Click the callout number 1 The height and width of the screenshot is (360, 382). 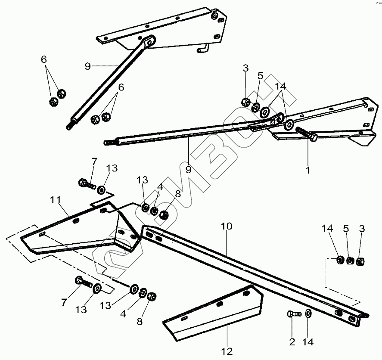coord(307,170)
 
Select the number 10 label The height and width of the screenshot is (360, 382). coord(227,227)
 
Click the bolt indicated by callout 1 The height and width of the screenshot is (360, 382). coord(307,134)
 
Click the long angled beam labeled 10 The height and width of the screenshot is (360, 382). coord(254,267)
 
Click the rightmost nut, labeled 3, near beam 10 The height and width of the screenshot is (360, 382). coord(361,261)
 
